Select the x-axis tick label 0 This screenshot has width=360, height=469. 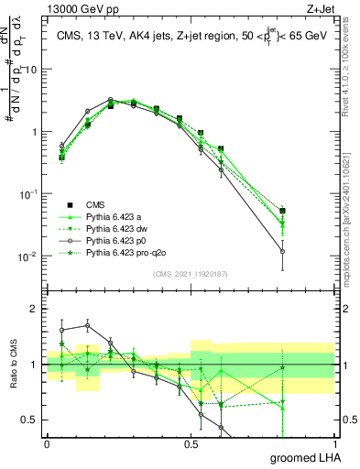47,443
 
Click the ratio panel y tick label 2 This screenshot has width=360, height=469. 35,309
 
